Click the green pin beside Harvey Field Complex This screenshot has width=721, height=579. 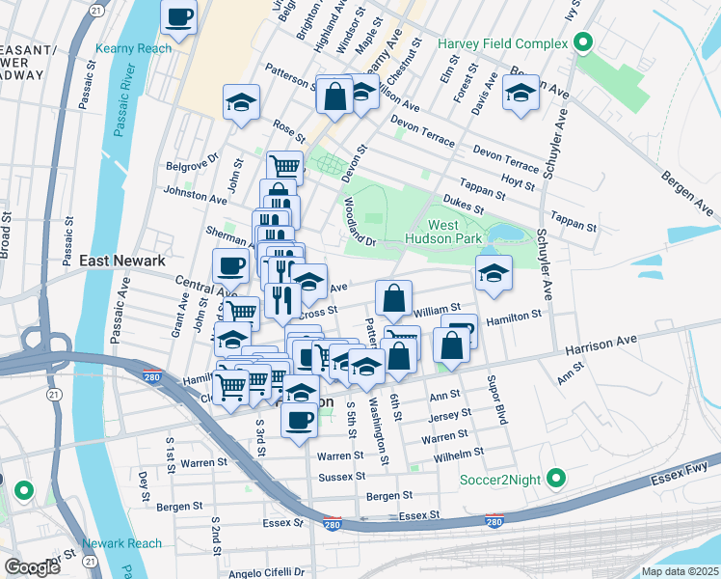click(x=582, y=42)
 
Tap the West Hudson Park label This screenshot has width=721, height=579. click(x=455, y=232)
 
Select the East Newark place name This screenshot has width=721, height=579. click(x=122, y=261)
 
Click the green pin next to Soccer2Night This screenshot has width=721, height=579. click(x=555, y=478)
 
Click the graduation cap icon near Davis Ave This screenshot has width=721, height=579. click(x=521, y=93)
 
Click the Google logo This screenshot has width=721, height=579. click(x=32, y=567)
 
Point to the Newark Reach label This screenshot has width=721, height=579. click(x=122, y=543)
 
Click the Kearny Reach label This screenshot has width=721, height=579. click(x=134, y=48)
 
